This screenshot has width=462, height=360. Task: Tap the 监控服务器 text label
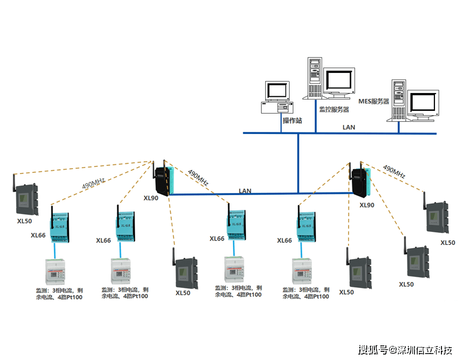pyautogui.click(x=334, y=109)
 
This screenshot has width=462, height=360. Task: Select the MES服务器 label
pyautogui.click(x=374, y=101)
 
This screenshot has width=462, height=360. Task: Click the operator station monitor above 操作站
pyautogui.click(x=277, y=91)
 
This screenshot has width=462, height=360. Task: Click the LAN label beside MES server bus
pyautogui.click(x=349, y=128)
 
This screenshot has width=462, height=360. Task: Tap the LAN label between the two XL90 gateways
pyautogui.click(x=245, y=191)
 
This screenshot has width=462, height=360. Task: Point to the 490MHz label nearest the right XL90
pyautogui.click(x=394, y=171)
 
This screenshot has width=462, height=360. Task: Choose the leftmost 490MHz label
pyautogui.click(x=93, y=183)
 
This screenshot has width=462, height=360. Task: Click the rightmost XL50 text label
pyautogui.click(x=447, y=243)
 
